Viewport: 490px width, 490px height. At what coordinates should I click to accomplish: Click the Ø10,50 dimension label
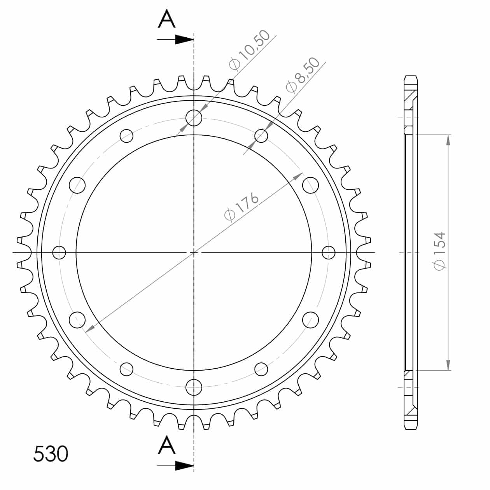tap(249, 50)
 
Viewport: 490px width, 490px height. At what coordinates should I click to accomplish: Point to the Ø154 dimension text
tap(439, 251)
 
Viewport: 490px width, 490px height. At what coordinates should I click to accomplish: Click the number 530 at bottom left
tap(51, 453)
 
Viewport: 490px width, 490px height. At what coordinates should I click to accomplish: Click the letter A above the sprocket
tap(166, 19)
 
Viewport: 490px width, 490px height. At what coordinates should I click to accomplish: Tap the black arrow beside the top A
tap(175, 39)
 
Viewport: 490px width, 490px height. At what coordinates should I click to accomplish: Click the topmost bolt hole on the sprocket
tap(194, 118)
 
